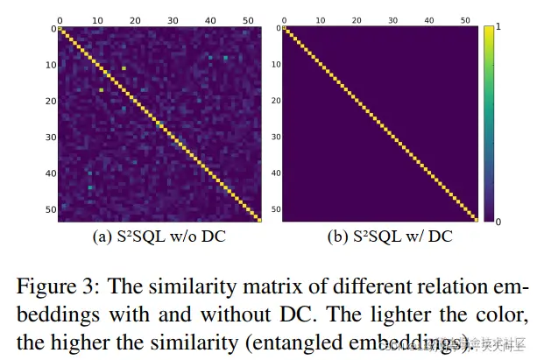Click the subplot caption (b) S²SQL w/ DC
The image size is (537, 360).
pyautogui.click(x=382, y=237)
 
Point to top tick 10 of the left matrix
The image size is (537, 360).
pyautogui.click(x=97, y=17)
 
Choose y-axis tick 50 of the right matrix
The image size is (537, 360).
pyautogui.click(x=277, y=210)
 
